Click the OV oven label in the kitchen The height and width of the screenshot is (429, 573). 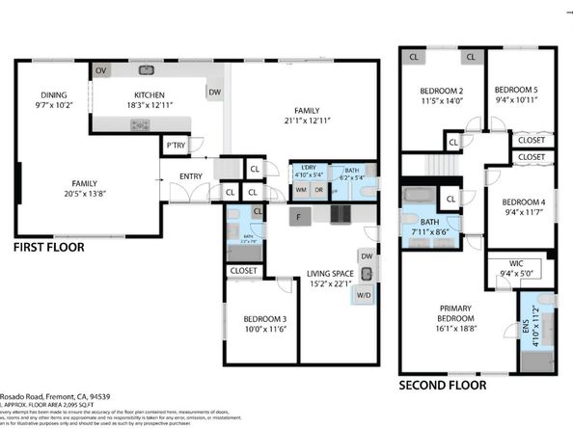[100, 71]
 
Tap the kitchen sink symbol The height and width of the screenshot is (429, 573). [147, 70]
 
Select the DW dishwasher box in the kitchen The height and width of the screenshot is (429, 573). [213, 93]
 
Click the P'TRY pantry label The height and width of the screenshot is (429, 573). [175, 146]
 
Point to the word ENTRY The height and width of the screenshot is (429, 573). [191, 175]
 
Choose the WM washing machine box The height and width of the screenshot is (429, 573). [301, 190]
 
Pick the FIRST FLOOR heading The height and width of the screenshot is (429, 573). [48, 248]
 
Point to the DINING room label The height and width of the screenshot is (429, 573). [53, 94]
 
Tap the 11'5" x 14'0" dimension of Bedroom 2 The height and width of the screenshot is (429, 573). [442, 100]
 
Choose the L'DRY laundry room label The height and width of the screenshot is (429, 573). [309, 169]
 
